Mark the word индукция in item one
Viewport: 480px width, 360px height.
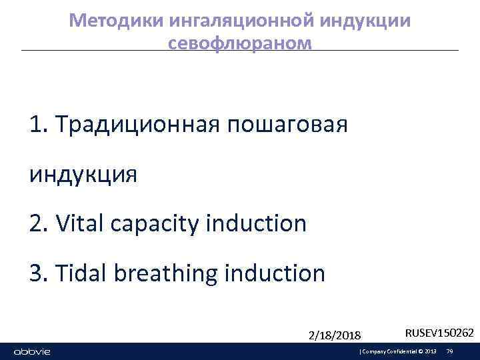83,174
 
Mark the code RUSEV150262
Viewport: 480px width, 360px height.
439,332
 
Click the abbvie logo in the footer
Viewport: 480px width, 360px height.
33,351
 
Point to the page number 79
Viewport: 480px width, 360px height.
450,351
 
